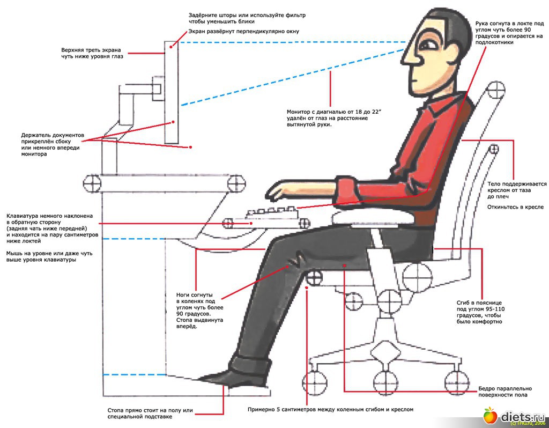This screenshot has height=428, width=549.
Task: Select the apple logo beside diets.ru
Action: [x=489, y=415]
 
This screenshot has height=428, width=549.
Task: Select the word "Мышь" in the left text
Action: [x=14, y=253]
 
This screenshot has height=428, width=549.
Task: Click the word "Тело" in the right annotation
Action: [x=494, y=184]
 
